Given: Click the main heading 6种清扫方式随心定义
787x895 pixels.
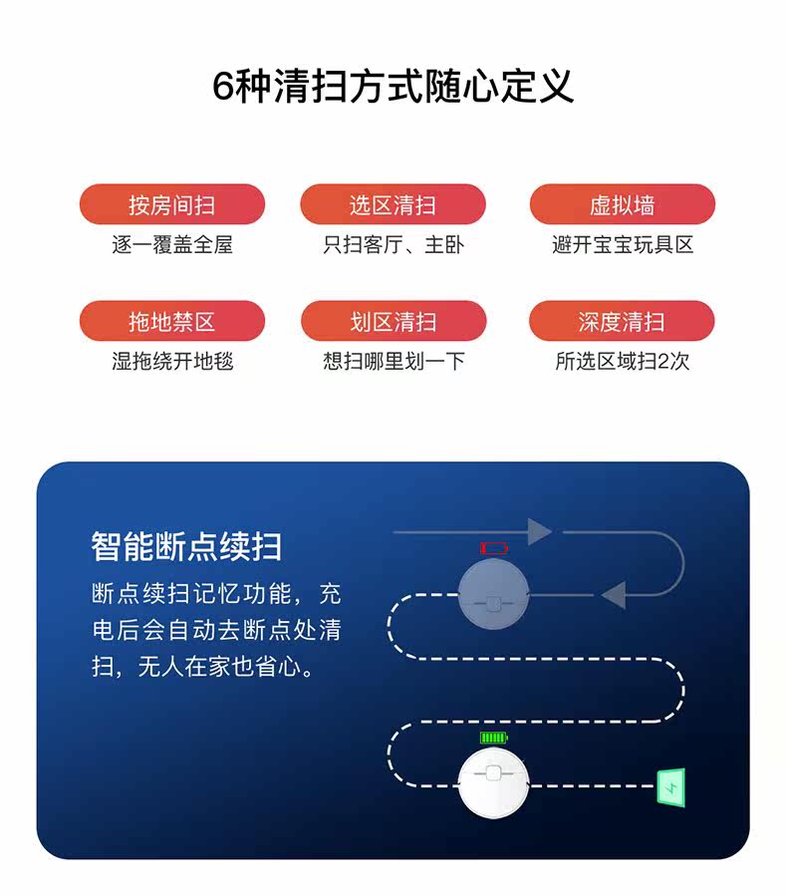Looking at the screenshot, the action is [x=393, y=86].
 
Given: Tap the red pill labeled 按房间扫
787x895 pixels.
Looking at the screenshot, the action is [x=171, y=205].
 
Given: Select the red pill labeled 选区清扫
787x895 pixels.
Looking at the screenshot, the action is [x=393, y=205].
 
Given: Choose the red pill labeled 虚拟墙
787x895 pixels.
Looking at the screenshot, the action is [x=622, y=205].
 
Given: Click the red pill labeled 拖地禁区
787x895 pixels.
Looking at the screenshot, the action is [x=171, y=322].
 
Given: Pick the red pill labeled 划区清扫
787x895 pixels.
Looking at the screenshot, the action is [x=393, y=322].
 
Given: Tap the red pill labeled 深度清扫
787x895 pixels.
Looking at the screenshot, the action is [x=622, y=322].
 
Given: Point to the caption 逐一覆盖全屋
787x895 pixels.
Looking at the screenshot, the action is [x=171, y=244].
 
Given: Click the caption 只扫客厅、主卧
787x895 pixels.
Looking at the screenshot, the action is [x=393, y=244].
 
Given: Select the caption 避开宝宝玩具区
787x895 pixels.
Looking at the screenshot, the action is [x=622, y=244].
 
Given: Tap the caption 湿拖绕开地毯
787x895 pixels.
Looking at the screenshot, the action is [x=171, y=361].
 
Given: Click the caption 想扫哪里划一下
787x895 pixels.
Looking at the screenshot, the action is [x=393, y=361].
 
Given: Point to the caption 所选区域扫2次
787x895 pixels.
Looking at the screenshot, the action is [x=622, y=361].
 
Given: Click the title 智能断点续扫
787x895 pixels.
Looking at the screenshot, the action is [x=186, y=546].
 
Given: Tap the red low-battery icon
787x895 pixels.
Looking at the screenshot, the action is [x=493, y=548].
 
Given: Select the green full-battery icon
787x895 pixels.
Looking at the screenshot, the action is [x=493, y=739].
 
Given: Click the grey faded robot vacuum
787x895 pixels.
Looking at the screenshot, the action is [x=493, y=596].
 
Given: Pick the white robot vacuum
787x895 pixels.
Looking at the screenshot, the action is [x=493, y=785].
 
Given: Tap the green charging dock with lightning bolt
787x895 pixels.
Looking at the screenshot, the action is [x=669, y=787].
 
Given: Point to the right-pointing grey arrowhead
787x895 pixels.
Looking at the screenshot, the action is [x=539, y=531].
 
